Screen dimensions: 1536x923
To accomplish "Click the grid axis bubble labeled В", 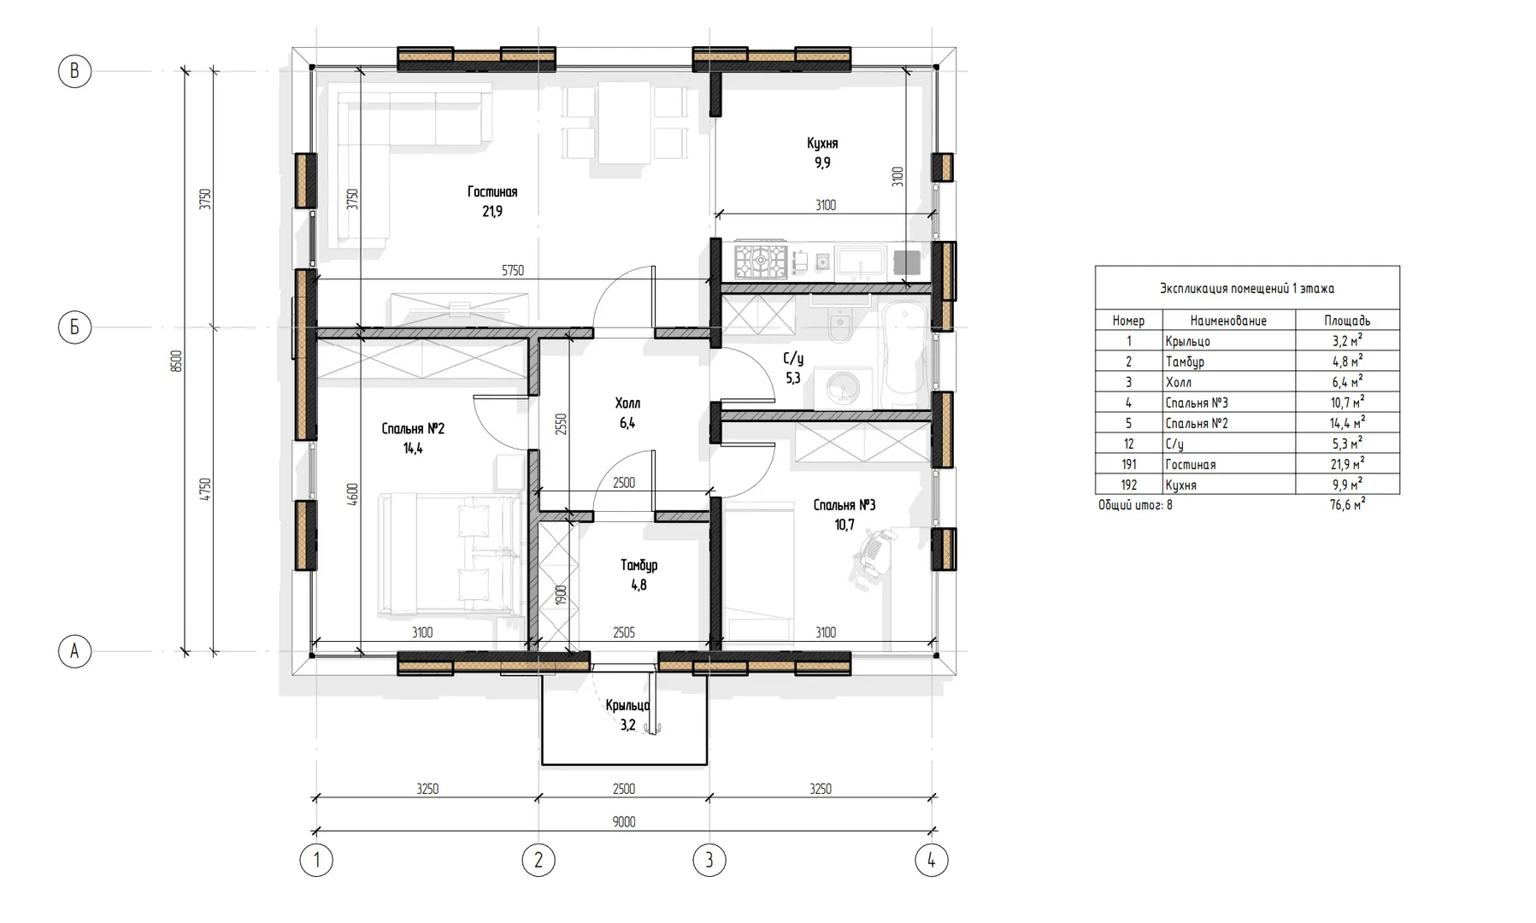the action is coord(74,71).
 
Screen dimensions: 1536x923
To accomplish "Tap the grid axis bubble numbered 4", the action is coord(931,860).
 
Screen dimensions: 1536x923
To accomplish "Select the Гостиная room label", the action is coord(492,191).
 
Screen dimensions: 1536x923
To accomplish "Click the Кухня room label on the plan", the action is coord(822,144).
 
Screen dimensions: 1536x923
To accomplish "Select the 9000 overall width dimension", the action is coord(624,822).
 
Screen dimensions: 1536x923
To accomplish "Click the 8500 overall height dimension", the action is coord(177,361).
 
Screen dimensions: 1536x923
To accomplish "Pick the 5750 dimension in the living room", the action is coord(513,271).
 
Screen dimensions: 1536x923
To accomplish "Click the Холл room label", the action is coord(627,403).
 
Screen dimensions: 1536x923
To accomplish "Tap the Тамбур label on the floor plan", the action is coord(639,566).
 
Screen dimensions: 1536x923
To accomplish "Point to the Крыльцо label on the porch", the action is coord(627,706).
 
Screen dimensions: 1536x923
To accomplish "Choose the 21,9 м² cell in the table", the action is coord(1347,464).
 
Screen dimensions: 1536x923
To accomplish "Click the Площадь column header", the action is coord(1347,320).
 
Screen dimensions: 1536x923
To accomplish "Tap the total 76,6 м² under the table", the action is coord(1347,505).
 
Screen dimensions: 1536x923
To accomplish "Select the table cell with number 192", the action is coord(1128,485).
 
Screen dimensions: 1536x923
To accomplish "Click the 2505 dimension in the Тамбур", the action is coord(624,633).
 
